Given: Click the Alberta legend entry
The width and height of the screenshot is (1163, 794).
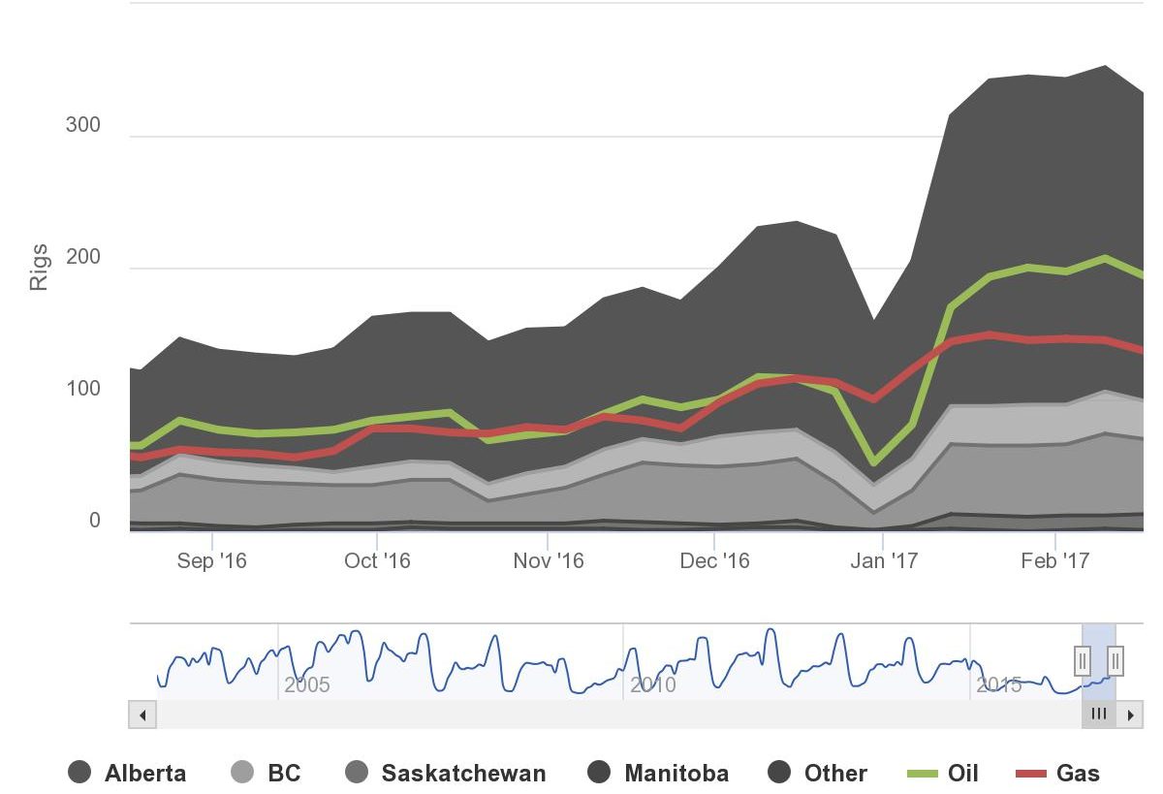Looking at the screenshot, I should (127, 773).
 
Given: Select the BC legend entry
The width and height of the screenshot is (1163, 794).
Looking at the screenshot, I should (266, 773).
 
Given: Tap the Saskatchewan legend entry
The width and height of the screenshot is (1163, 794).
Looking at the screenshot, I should (445, 773).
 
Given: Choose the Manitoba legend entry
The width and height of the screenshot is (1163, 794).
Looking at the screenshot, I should (658, 773).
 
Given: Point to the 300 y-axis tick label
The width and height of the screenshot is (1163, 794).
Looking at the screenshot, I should (83, 126).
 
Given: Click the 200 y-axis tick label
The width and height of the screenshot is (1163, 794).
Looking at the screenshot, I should (83, 258).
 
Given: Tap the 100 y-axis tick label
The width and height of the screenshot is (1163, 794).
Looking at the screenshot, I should (83, 389).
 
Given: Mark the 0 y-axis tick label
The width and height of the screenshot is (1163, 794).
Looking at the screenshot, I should (95, 521).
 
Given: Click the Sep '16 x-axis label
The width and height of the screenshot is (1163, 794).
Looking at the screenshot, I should (212, 561).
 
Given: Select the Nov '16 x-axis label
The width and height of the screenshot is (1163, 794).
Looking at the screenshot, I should (549, 561).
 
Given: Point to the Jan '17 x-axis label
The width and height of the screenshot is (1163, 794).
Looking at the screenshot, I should (883, 561).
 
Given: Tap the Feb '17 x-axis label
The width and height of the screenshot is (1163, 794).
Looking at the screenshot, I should (1055, 561).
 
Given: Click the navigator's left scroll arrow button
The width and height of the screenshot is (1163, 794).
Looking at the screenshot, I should (142, 715).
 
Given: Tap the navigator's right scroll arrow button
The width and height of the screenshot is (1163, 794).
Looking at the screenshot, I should (1130, 715).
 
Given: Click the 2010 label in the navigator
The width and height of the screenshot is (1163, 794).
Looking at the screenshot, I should (653, 685).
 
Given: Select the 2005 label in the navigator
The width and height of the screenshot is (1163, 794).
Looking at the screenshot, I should (307, 685).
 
